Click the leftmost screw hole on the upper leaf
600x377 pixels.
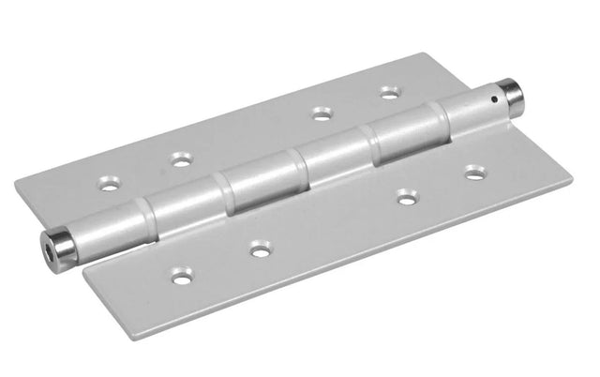(111, 185)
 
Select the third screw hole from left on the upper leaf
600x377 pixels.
(323, 113)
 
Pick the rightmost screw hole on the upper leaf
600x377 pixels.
(388, 93)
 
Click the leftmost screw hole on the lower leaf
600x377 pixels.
(180, 276)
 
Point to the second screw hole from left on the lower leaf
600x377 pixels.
(257, 249)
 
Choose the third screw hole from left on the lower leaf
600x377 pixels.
(405, 197)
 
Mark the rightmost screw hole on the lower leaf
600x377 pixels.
(474, 173)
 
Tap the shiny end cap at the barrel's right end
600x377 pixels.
(512, 95)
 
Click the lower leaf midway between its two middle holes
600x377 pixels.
(331, 223)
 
